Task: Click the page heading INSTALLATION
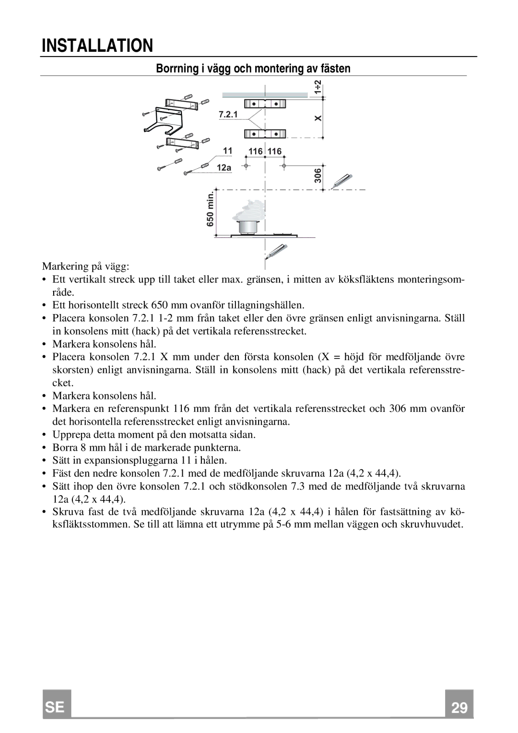(97, 46)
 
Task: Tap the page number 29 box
(459, 708)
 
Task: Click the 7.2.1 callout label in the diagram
(228, 115)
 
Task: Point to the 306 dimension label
(318, 176)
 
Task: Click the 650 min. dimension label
(210, 211)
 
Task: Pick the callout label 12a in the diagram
(224, 168)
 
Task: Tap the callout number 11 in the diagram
(227, 151)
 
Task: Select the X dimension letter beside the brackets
(318, 118)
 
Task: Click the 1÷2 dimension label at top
(318, 87)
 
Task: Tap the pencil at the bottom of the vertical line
(277, 251)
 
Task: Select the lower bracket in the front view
(265, 134)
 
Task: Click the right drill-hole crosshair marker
(284, 166)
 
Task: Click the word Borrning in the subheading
(176, 69)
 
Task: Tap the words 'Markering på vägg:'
(86, 266)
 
